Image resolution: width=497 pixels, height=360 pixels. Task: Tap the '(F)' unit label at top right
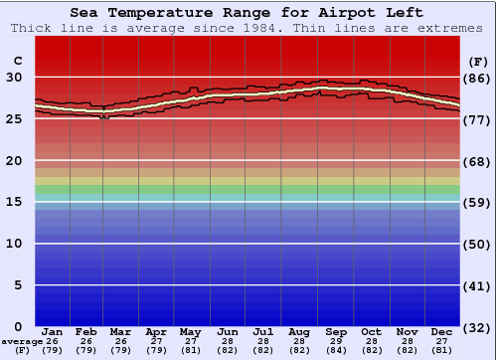pyautogui.click(x=478, y=62)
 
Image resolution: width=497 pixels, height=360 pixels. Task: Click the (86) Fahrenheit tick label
pyautogui.click(x=478, y=78)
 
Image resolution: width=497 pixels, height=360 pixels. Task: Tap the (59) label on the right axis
pyautogui.click(x=478, y=202)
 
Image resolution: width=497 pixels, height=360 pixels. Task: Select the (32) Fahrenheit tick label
pyautogui.click(x=478, y=327)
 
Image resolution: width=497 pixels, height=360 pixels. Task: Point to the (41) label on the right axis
pyautogui.click(x=478, y=285)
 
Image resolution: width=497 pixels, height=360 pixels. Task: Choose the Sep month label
pyautogui.click(x=336, y=331)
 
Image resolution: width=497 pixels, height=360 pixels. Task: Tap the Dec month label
pyautogui.click(x=442, y=331)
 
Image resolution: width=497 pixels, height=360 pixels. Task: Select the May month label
pyautogui.click(x=189, y=331)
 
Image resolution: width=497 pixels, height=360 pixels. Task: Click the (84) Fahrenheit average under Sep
pyautogui.click(x=336, y=351)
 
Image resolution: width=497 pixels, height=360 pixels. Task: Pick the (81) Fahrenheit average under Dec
pyautogui.click(x=442, y=351)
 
